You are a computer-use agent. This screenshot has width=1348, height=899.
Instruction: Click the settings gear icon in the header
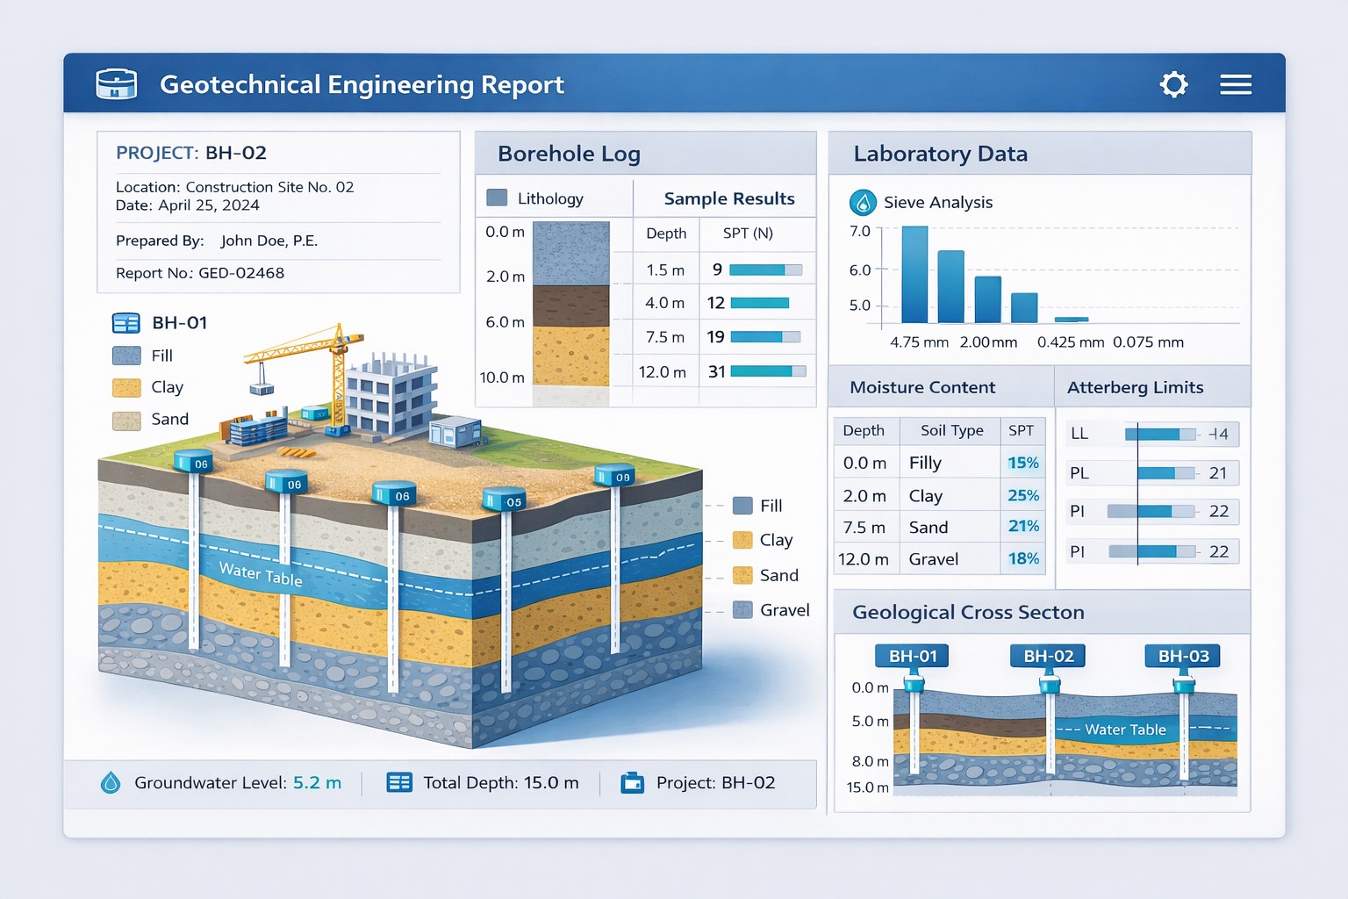[x=1173, y=84]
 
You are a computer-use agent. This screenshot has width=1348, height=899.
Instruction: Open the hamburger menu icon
[x=1235, y=84]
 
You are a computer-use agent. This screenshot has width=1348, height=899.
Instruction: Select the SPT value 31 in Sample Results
[x=717, y=371]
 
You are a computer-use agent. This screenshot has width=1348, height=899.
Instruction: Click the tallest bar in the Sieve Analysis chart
[x=914, y=274]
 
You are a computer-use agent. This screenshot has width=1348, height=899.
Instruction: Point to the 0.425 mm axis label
[x=1070, y=342]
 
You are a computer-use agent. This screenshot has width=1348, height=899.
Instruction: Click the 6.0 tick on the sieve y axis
[x=859, y=270]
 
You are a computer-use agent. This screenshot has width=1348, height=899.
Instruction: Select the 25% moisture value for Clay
[x=1022, y=495]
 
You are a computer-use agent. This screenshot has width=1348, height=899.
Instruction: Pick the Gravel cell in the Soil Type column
[x=934, y=559]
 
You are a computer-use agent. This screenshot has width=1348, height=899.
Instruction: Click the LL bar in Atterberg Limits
[x=1158, y=434]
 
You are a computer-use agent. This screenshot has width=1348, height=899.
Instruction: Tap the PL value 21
[x=1217, y=473]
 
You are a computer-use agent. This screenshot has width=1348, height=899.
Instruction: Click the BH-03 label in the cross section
[x=1182, y=656]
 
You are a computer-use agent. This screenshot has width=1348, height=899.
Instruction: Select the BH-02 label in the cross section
[x=1048, y=656]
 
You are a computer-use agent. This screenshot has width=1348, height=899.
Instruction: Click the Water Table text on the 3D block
[x=261, y=574]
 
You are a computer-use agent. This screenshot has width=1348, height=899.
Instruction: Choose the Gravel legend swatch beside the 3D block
[x=742, y=610]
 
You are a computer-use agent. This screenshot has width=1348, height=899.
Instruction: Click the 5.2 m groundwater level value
[x=317, y=783]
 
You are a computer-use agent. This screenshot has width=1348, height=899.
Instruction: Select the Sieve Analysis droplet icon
[x=863, y=203]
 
